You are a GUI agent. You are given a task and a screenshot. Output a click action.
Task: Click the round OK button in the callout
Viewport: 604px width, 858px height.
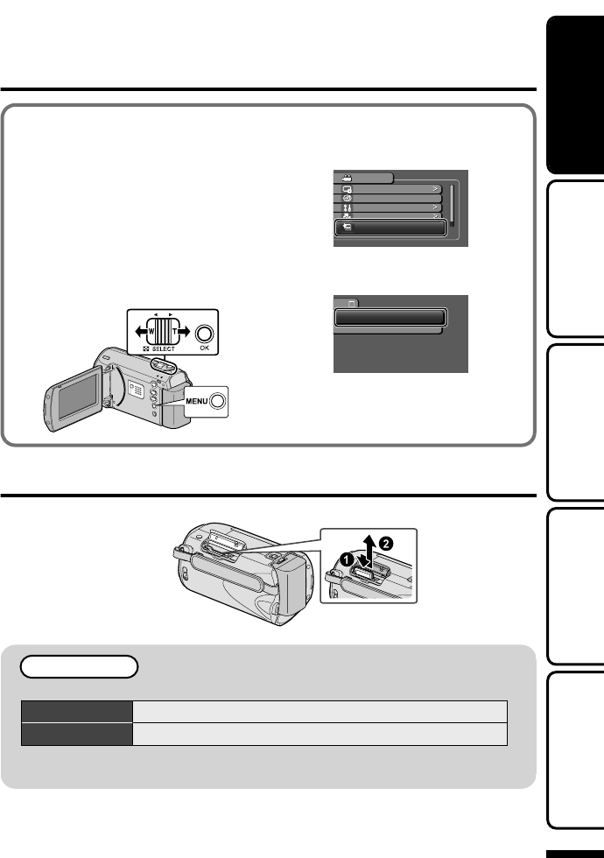tap(204, 334)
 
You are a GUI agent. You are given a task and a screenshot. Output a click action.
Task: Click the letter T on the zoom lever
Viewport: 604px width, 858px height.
tap(176, 332)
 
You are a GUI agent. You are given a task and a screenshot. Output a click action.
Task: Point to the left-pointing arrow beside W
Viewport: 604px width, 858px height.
tap(136, 332)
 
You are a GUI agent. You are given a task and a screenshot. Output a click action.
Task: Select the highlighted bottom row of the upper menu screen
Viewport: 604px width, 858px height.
tap(390, 227)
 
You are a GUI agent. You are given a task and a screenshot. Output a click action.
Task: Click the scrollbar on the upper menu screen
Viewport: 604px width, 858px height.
tap(452, 204)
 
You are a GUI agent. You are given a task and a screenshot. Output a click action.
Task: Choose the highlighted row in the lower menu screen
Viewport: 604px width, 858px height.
tap(390, 317)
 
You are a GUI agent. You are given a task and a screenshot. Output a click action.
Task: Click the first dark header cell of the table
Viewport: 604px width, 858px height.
tap(76, 710)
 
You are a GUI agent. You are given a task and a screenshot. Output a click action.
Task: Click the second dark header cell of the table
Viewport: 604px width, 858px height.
tap(76, 733)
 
